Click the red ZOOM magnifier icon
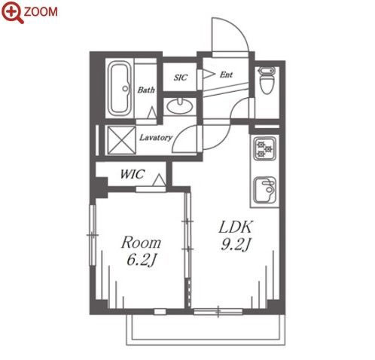pos(12,12)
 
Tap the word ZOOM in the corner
pos(41,12)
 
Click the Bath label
pos(146,90)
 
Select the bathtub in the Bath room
pos(120,88)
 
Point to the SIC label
pos(181,78)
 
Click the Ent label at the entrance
pos(226,75)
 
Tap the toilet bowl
pos(267,81)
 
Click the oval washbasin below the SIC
pos(180,106)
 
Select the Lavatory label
pos(156,137)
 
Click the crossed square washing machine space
pos(121,140)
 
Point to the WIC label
pos(132,174)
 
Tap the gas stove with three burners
pos(264,149)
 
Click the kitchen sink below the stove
pos(265,190)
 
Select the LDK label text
pos(235,227)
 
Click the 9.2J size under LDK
pos(235,244)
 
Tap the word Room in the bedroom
pos(141,243)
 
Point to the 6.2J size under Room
pos(141,260)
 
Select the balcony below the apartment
pos(206,330)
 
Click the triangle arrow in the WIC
pos(159,180)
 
